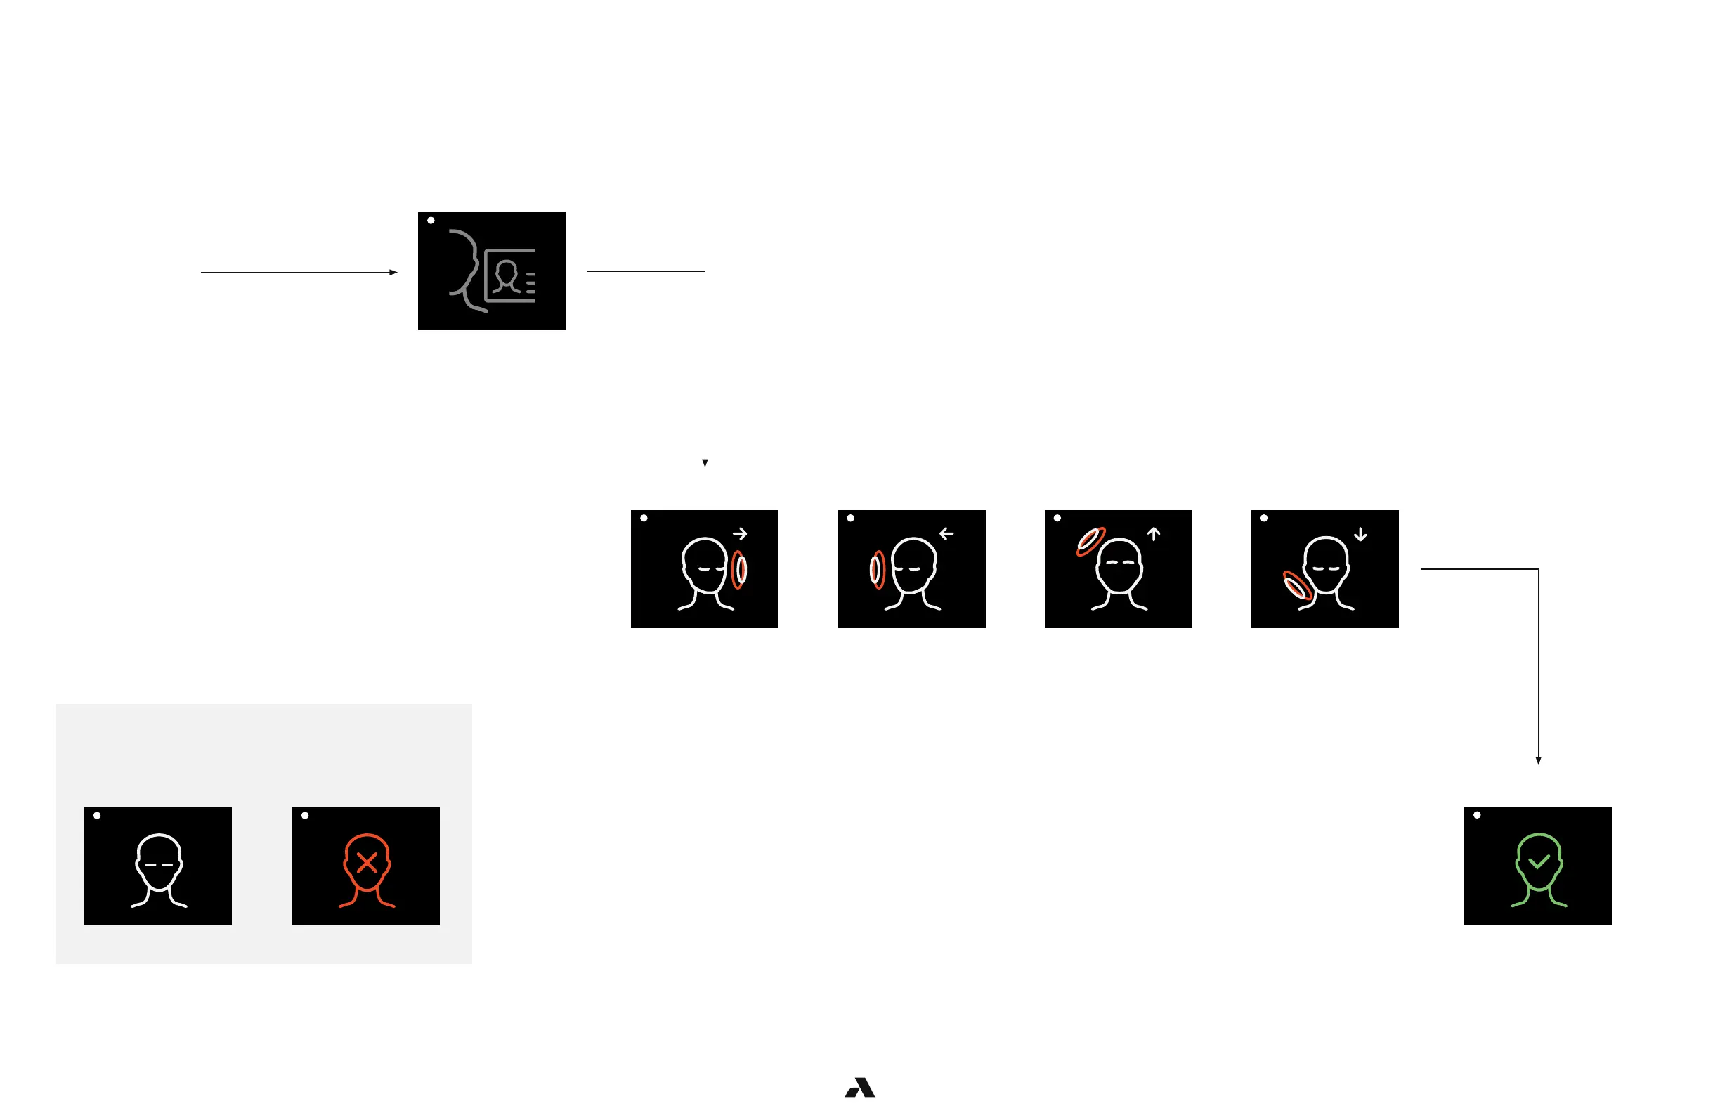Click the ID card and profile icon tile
[x=491, y=271]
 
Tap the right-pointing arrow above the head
[x=739, y=534]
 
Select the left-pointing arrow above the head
[x=946, y=534]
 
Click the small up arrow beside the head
[x=1154, y=534]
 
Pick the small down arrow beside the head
[x=1360, y=535]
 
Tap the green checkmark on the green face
[x=1539, y=861]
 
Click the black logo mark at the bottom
[x=860, y=1087]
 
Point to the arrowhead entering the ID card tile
[x=393, y=273]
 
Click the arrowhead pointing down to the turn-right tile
[x=705, y=463]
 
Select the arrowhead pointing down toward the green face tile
[x=1538, y=760]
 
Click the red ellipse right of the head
[x=738, y=570]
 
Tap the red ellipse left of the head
[x=877, y=570]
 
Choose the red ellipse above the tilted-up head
[x=1090, y=541]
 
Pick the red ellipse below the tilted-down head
[x=1297, y=585]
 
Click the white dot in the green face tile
[x=1477, y=815]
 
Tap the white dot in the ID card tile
[x=431, y=221]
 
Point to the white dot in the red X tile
[x=305, y=816]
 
